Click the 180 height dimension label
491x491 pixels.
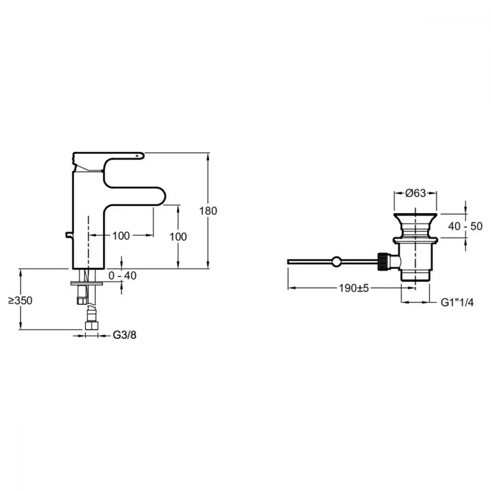(208, 211)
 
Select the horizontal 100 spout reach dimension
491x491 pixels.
(121, 236)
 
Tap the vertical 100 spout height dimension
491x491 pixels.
(178, 237)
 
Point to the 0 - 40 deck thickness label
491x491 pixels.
(122, 276)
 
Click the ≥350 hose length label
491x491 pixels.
(20, 300)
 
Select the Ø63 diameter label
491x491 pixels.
(416, 193)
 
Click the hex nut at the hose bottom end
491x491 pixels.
(91, 326)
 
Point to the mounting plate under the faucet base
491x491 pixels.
(87, 283)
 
